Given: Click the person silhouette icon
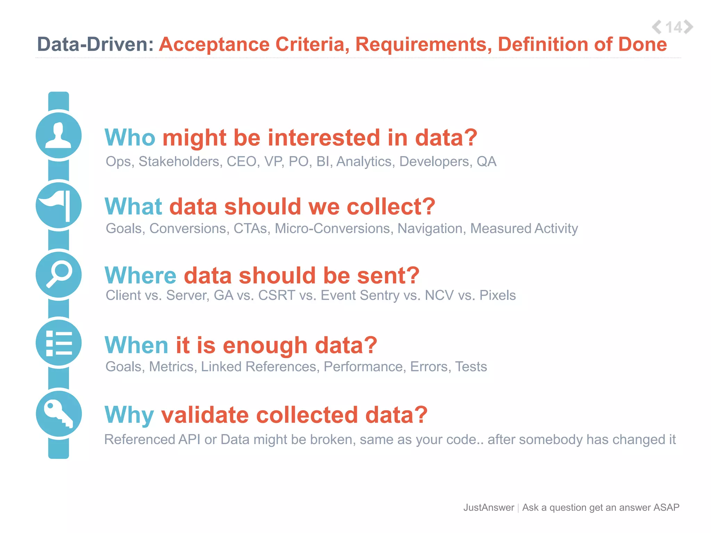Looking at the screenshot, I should [x=59, y=135].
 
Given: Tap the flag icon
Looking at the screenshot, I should [x=59, y=205].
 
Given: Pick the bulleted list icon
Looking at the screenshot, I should [x=59, y=343].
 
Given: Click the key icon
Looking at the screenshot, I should [x=59, y=414].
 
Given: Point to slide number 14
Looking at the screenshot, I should [x=674, y=27].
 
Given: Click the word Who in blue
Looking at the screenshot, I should [x=130, y=138].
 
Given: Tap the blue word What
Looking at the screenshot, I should [x=133, y=206].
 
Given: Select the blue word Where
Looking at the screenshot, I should [x=141, y=276].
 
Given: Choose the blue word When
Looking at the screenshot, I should [x=136, y=345].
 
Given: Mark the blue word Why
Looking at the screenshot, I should [x=129, y=415].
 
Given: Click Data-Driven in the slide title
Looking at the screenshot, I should [x=95, y=44].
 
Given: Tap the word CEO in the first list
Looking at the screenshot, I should [x=242, y=162].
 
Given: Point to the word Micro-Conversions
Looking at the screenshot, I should [x=332, y=229].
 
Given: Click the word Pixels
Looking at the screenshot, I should [x=497, y=295].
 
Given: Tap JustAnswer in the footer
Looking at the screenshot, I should [x=488, y=508].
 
